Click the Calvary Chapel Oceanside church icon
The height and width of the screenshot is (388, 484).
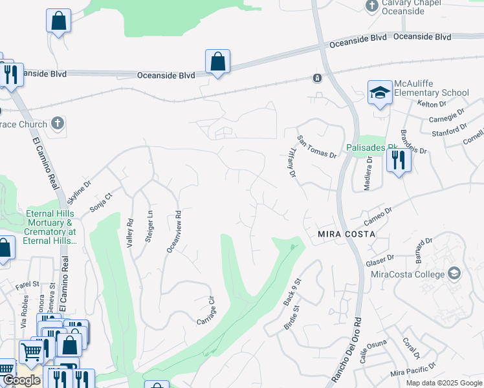point(371,6)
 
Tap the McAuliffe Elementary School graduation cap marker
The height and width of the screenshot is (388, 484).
point(380,92)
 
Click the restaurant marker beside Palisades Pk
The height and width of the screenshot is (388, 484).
point(399,160)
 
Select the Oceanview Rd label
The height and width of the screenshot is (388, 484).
point(173,232)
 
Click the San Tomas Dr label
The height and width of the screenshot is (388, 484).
point(317,147)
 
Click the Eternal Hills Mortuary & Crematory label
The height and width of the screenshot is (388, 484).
point(50,227)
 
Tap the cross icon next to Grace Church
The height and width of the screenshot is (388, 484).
point(57,123)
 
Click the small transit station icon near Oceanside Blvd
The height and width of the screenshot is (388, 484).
point(317,78)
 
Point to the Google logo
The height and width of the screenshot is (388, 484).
point(21,380)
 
